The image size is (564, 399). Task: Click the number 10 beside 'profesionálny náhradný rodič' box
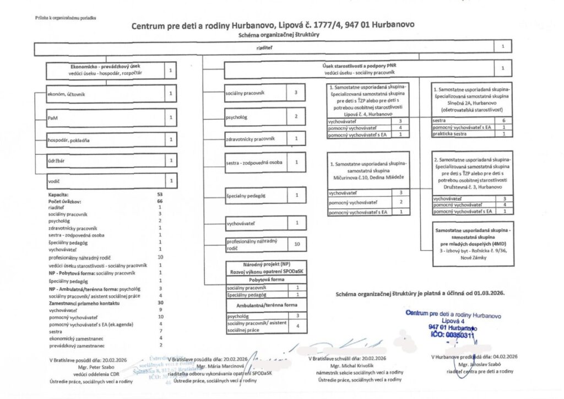click(x=297, y=244)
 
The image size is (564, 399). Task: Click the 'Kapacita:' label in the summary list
click(x=59, y=195)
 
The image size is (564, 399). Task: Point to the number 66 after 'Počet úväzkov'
click(x=160, y=202)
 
